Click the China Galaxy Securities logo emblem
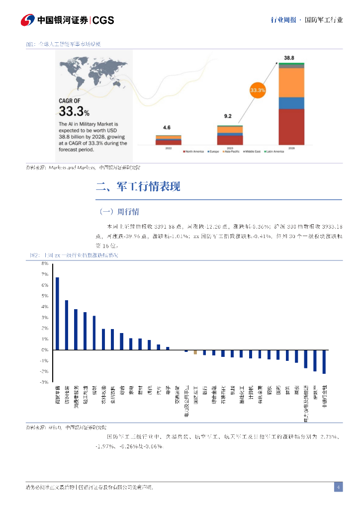click(x=27, y=20)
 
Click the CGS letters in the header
click(x=103, y=20)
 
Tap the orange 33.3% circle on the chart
click(x=258, y=90)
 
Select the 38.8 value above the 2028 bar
click(x=289, y=58)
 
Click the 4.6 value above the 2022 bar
click(x=167, y=128)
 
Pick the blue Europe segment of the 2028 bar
click(x=291, y=103)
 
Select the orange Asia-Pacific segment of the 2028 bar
click(x=291, y=82)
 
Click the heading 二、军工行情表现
click(x=138, y=187)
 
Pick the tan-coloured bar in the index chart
click(x=195, y=352)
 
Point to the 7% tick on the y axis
click(x=44, y=274)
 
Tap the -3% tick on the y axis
click(x=44, y=382)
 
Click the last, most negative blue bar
click(x=324, y=361)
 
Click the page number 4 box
click(x=338, y=487)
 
